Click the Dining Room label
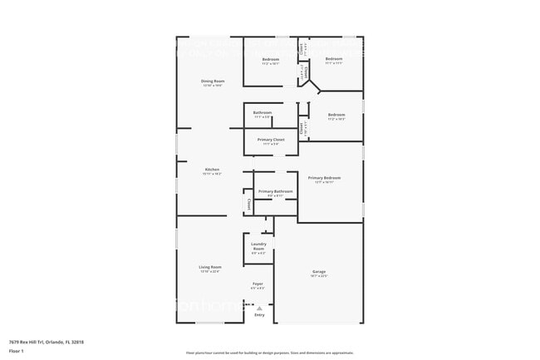pos(213,81)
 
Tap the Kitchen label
pos(212,170)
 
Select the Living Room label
pos(210,267)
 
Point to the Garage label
pos(319,272)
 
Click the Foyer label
pos(258,284)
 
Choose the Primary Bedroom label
pos(324,178)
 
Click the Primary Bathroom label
pos(275,191)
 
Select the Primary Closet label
pos(271,140)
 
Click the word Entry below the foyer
pos(259,315)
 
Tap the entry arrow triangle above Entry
pos(259,308)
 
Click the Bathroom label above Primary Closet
pos(263,112)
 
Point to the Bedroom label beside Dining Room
pos(271,60)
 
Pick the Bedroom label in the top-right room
pos(333,59)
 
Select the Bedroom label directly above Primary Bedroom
pos(336,115)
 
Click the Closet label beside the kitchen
pos(248,203)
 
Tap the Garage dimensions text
pos(319,276)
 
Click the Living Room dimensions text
pos(210,271)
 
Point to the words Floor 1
pos(17,349)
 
